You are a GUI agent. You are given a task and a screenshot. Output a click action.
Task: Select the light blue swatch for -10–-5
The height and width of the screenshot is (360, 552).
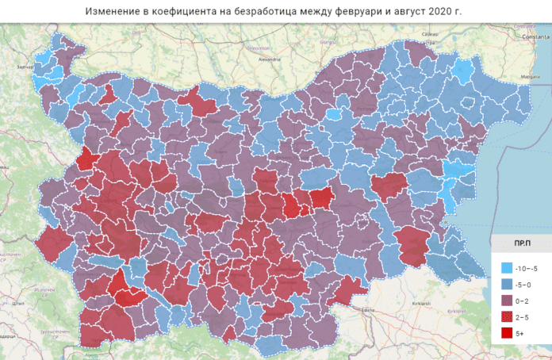(x=506, y=268)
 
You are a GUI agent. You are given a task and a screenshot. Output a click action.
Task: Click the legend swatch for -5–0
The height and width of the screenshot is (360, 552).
(x=506, y=285)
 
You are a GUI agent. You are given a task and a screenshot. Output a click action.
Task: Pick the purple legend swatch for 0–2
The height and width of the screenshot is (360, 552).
(x=506, y=301)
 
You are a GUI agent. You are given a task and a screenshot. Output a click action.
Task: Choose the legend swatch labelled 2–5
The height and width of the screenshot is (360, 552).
(x=506, y=318)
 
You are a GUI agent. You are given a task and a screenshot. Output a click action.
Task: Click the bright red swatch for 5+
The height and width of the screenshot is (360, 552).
(x=506, y=335)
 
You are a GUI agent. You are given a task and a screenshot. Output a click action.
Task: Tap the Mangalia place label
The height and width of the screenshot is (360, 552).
(x=530, y=76)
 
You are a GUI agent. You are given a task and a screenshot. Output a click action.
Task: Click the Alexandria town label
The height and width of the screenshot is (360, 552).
(x=270, y=59)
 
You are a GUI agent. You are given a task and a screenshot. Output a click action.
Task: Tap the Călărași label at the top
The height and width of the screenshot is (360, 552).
(x=430, y=35)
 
